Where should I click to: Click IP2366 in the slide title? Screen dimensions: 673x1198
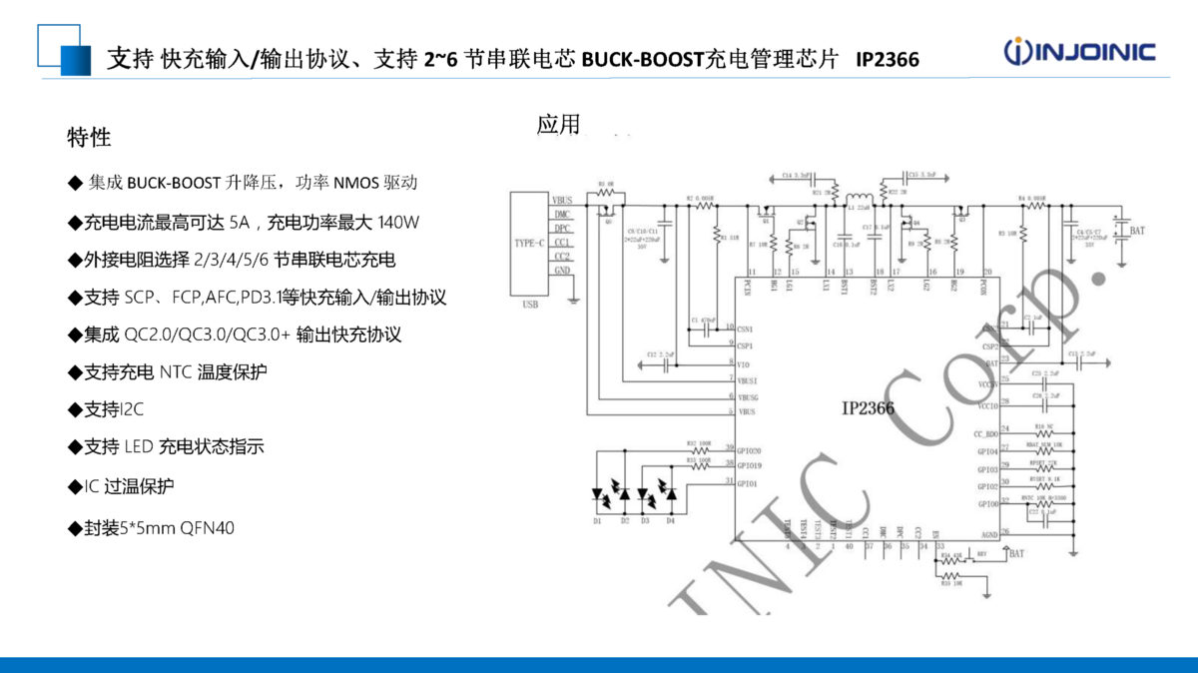click(x=888, y=60)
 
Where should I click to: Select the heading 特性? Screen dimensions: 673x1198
click(x=89, y=137)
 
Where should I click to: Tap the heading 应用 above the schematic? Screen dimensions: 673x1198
click(x=558, y=125)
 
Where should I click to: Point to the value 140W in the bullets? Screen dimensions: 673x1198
click(x=398, y=221)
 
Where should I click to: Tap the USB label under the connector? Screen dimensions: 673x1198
click(x=530, y=305)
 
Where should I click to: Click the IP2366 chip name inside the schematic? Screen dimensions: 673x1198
click(x=868, y=408)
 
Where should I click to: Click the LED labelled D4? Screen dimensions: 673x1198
click(x=670, y=494)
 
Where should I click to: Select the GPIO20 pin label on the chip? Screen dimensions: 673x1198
click(x=750, y=451)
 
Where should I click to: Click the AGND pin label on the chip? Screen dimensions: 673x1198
click(x=988, y=534)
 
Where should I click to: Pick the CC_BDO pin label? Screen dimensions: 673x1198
click(x=985, y=434)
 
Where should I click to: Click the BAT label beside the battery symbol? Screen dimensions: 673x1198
click(x=1136, y=231)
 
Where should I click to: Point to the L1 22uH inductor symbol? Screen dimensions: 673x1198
click(x=857, y=198)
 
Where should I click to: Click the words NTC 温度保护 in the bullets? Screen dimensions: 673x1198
click(x=213, y=372)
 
